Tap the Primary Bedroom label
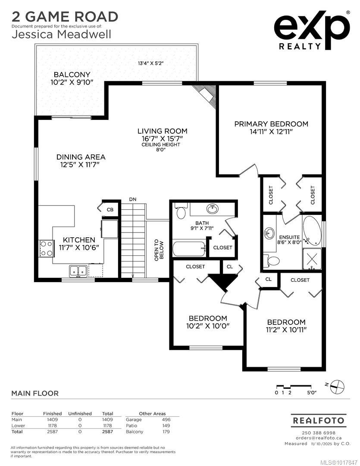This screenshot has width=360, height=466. (271, 124)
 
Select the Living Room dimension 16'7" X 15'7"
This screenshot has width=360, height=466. (162, 139)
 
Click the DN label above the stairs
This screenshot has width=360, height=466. (133, 199)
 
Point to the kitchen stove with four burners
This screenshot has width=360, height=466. (46, 249)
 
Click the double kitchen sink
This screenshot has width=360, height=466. (78, 271)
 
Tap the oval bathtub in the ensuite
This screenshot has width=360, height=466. (312, 230)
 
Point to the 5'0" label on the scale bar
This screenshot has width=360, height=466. (311, 393)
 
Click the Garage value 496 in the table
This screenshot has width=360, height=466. (166, 419)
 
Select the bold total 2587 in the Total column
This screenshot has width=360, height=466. (107, 431)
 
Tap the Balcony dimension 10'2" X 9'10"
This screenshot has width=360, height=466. (72, 82)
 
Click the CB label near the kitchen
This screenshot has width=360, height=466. (110, 210)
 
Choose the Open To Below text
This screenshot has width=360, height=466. (159, 250)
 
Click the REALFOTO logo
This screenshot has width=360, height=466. (318, 420)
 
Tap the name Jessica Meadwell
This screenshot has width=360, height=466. (62, 34)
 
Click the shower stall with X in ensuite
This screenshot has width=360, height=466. (312, 259)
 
